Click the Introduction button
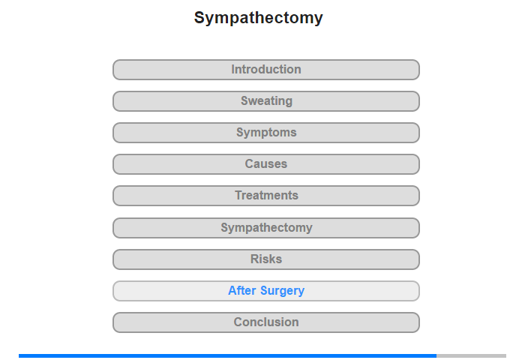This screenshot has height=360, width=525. point(266,70)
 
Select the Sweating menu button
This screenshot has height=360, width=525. point(266,101)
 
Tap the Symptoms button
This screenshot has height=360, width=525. point(266,133)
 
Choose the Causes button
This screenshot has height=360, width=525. point(266,164)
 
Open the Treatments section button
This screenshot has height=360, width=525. point(266,196)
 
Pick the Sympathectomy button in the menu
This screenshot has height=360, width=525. point(266,228)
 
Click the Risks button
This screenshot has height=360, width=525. point(266,259)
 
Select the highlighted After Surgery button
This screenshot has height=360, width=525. point(266,291)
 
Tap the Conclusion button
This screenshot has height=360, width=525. point(266,322)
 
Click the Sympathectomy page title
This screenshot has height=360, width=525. point(259,18)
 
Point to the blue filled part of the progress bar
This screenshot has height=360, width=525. point(228,355)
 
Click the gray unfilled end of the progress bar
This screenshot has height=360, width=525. point(472,355)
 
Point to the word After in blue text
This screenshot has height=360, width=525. point(242,290)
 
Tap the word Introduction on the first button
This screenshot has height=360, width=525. point(266,69)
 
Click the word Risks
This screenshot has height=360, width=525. point(266,259)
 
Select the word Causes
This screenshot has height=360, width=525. point(266,163)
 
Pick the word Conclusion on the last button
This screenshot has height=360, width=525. point(266,322)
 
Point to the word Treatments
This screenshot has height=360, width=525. point(266,195)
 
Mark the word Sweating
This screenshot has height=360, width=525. point(266,101)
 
